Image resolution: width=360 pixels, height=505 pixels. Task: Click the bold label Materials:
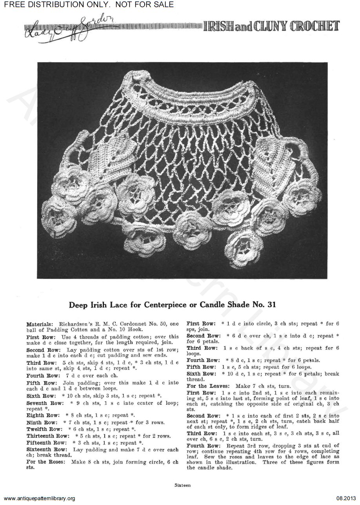(40, 325)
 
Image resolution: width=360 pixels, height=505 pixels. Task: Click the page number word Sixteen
(183, 485)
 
